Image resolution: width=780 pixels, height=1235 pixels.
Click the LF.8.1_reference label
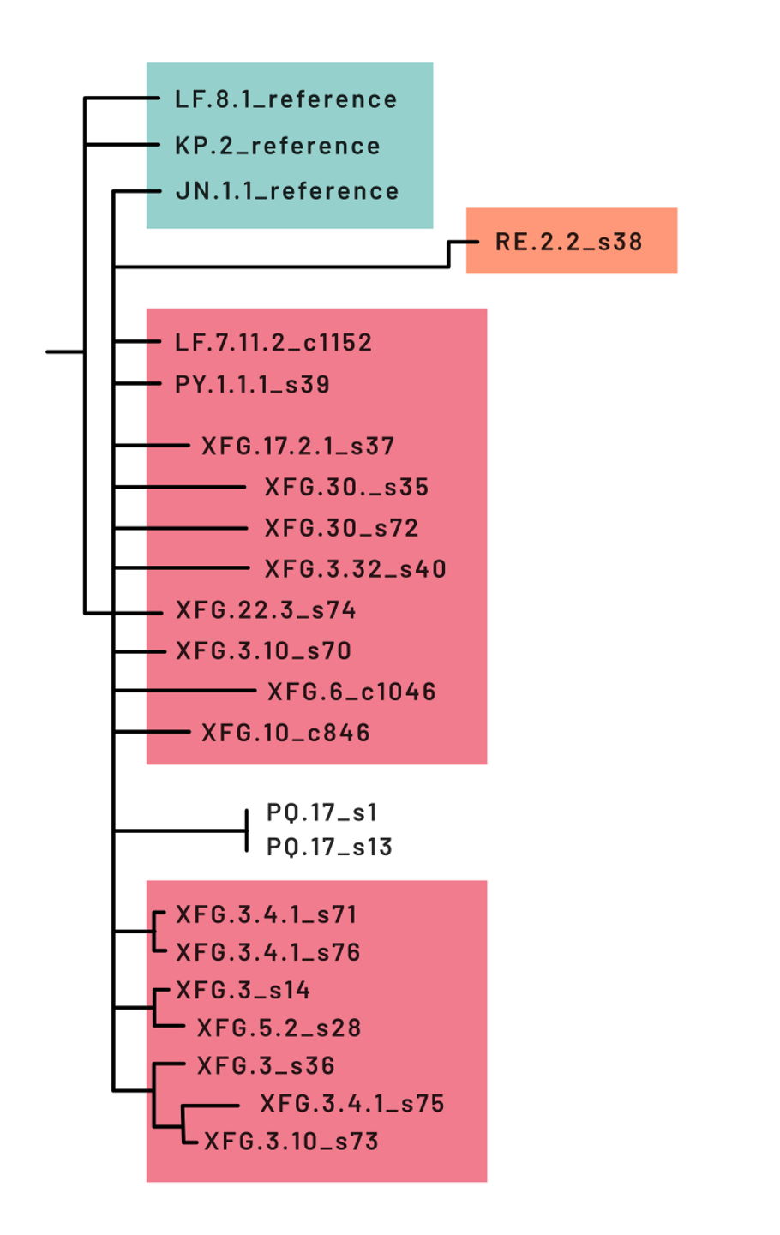[285, 99]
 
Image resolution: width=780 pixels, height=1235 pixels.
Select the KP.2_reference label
[277, 146]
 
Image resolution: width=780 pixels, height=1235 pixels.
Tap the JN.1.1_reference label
[286, 191]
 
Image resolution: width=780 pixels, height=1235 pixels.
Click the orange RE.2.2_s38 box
[571, 241]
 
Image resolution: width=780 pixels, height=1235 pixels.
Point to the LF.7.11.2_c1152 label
[273, 343]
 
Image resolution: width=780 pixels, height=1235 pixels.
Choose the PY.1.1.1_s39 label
[252, 384]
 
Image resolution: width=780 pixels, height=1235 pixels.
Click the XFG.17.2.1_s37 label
[297, 446]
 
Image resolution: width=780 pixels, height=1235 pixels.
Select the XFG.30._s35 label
[346, 487]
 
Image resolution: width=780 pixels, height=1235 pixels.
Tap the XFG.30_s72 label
[341, 528]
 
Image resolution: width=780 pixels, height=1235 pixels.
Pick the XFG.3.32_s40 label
[355, 569]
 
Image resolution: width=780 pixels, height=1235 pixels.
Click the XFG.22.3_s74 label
[266, 610]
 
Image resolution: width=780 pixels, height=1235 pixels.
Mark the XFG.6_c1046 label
[351, 692]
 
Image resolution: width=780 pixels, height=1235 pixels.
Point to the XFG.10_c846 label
[285, 733]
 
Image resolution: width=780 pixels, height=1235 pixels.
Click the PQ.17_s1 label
[321, 812]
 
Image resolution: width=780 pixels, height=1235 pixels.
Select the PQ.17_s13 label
[329, 847]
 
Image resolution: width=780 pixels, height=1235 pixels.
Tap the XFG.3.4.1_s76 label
[267, 952]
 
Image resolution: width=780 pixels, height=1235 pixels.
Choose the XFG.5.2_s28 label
[279, 1028]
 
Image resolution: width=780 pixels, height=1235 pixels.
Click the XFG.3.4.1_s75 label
[351, 1104]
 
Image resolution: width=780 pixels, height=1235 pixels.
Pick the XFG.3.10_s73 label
[291, 1142]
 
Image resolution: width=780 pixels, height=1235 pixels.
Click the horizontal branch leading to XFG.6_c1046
[184, 690]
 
